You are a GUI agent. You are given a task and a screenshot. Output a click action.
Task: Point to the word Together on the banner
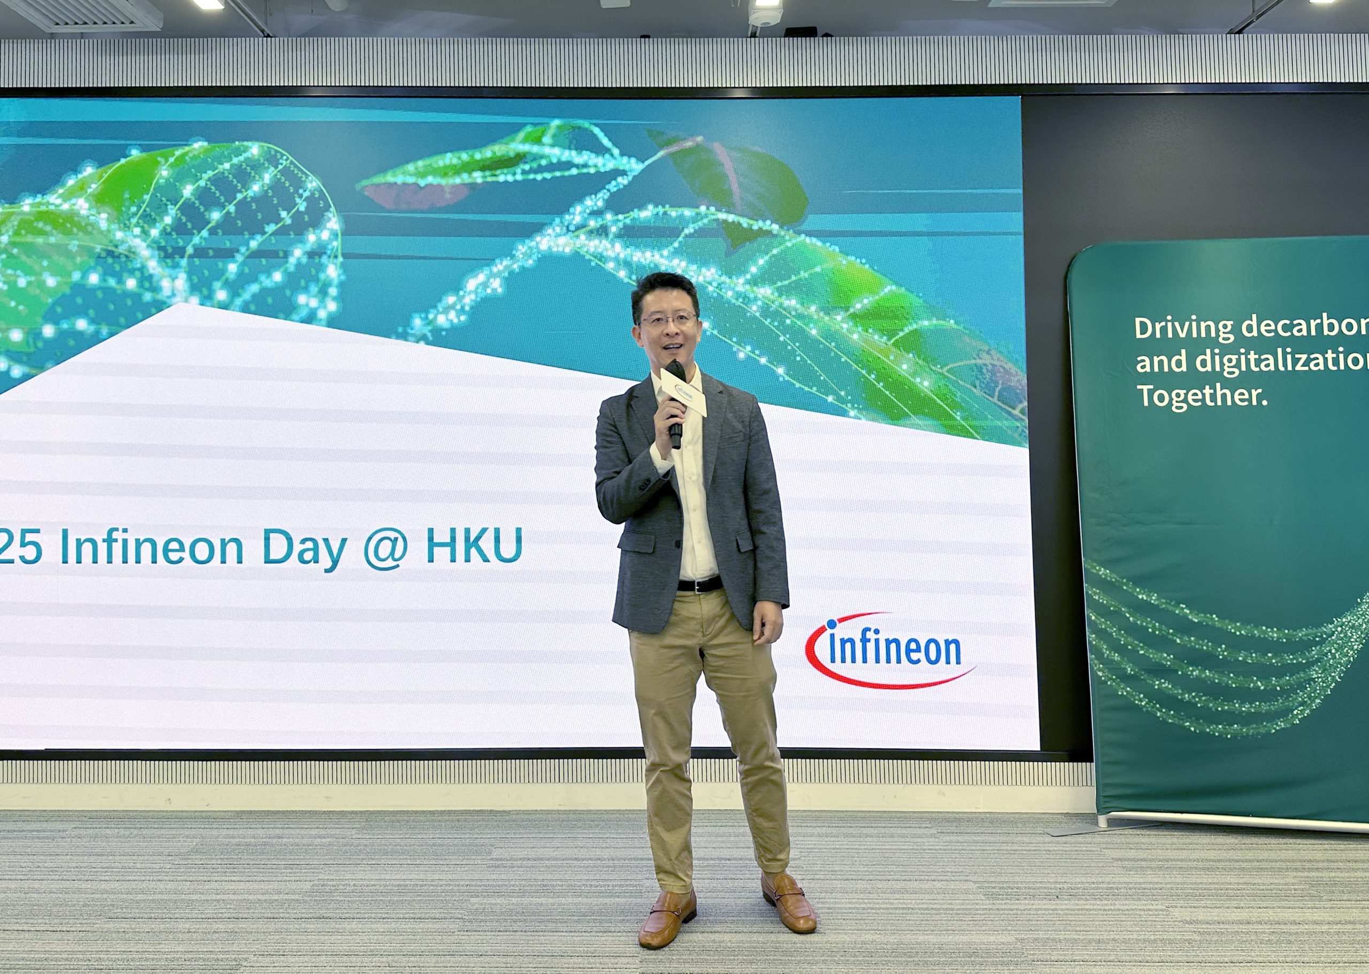[x=1202, y=396]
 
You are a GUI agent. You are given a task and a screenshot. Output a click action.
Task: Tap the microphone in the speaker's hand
[x=676, y=408]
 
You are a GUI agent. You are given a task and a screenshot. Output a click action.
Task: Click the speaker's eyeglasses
[x=668, y=319]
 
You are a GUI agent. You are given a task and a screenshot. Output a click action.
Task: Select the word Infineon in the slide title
[x=152, y=547]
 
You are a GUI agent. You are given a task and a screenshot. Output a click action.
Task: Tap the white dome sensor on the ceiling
[x=765, y=14]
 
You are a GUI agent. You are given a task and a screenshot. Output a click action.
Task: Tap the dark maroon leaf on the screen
[x=741, y=180]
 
